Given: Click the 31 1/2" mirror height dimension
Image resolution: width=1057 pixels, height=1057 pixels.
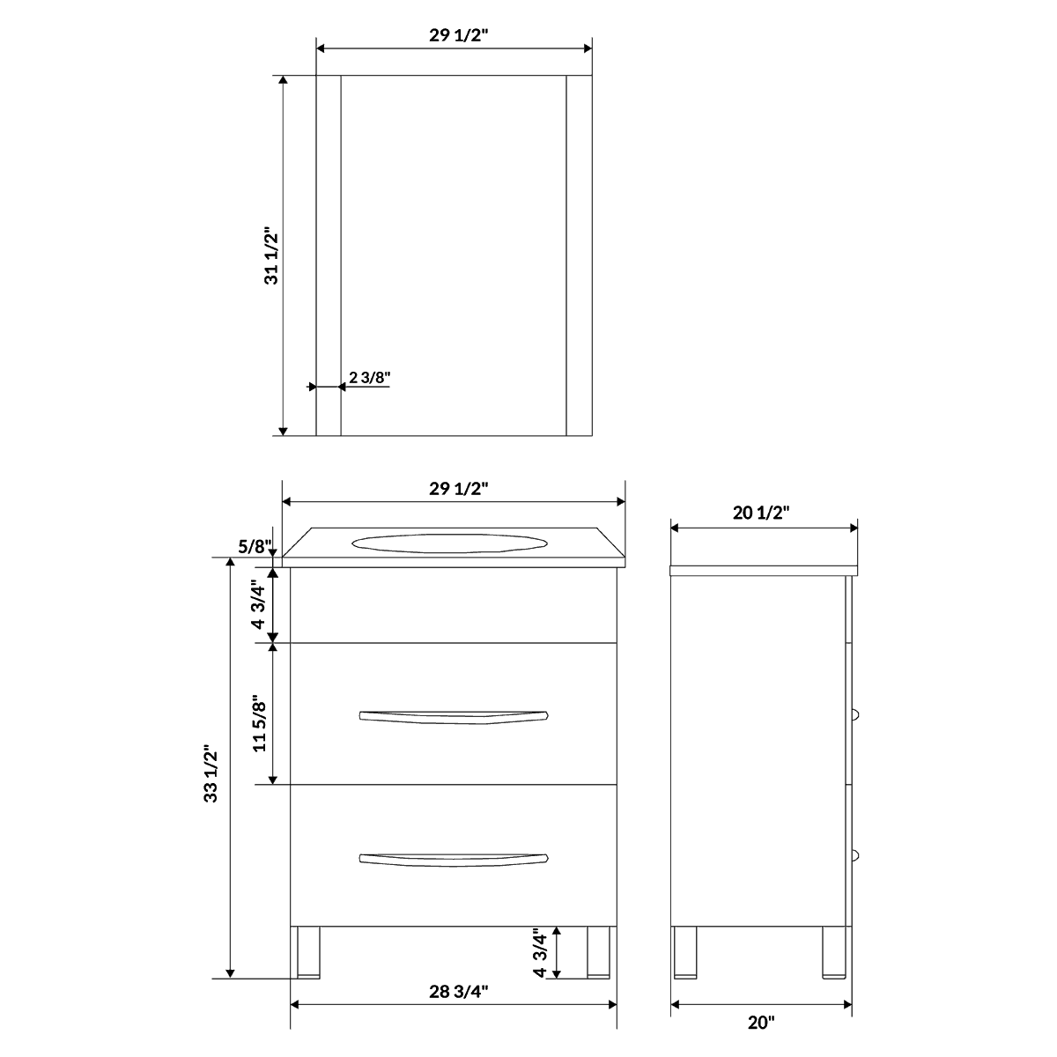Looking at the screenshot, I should point(271,256).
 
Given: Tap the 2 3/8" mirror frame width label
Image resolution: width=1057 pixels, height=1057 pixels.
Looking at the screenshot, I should point(369,378).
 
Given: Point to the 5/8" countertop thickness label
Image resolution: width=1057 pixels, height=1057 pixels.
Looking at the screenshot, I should point(255,546).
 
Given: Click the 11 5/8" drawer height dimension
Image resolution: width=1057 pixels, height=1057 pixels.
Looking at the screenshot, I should point(259,724).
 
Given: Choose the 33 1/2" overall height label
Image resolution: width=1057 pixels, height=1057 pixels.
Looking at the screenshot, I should point(211,774).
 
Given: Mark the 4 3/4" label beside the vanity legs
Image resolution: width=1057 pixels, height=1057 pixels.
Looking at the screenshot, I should point(541,952).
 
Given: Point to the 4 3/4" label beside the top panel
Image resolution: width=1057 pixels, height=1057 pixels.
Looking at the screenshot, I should point(259,604).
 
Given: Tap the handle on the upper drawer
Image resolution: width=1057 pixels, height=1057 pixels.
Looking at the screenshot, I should point(454,715).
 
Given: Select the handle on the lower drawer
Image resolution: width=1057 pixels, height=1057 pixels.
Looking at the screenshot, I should point(454,857).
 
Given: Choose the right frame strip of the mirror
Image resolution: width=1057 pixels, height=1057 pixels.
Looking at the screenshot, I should point(579,255).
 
